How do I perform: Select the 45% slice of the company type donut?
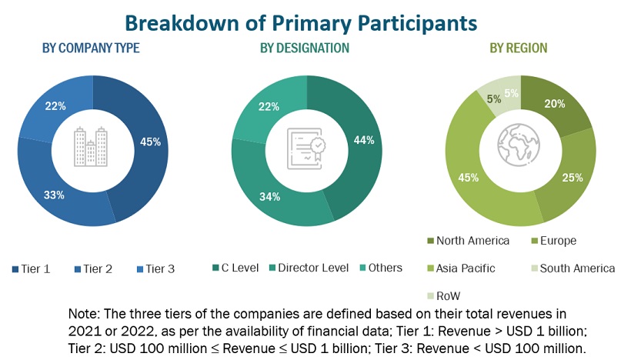click(x=150, y=142)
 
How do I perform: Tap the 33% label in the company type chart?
click(x=53, y=195)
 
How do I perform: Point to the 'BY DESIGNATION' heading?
click(x=305, y=48)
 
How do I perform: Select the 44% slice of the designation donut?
click(x=364, y=140)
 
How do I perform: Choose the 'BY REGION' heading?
click(x=519, y=48)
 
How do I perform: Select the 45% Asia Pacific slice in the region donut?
click(x=469, y=178)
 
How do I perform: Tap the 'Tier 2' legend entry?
click(x=98, y=268)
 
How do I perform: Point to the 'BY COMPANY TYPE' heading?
click(x=91, y=48)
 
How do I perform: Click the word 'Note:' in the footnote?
click(x=85, y=315)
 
